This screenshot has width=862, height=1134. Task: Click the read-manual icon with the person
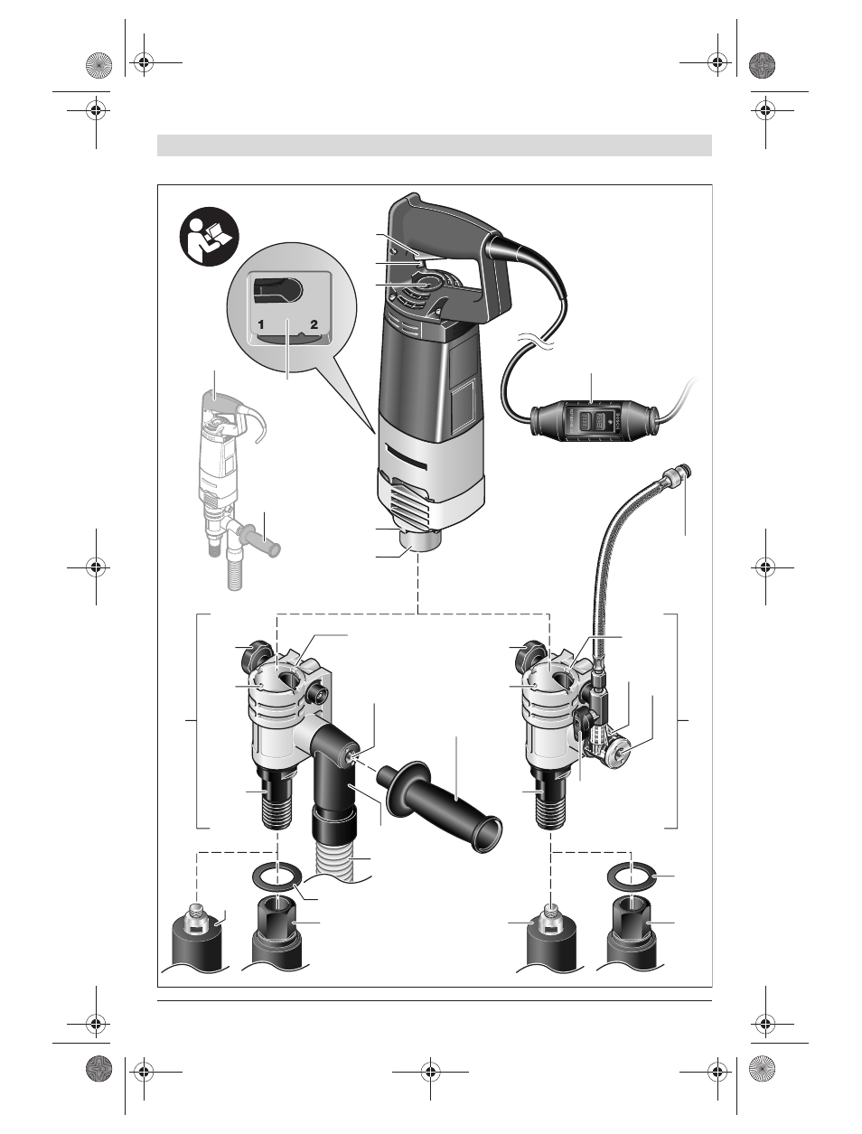[209, 237]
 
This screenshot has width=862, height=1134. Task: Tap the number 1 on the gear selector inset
[261, 324]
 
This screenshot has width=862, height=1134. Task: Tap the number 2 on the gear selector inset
[314, 324]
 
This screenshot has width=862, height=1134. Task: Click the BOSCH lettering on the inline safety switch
[614, 425]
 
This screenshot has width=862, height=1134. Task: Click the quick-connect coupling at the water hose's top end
[677, 474]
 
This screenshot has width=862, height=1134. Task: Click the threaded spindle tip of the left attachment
[279, 811]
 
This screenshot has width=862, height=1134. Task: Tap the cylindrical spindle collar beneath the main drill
[420, 542]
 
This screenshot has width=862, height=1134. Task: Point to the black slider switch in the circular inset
[279, 290]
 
